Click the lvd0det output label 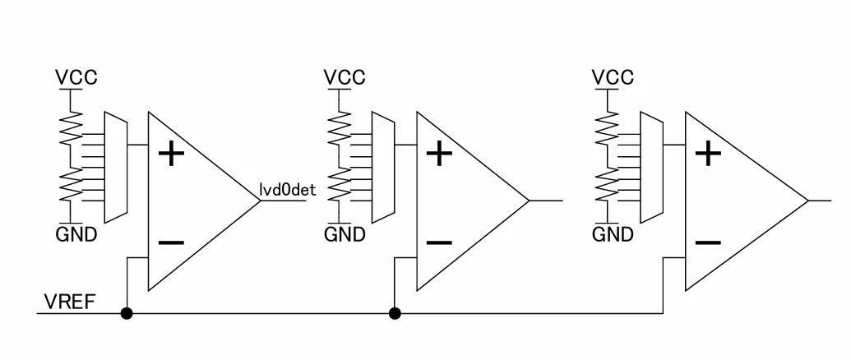pos(287,190)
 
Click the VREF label pos(70,302)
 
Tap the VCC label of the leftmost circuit pos(76,77)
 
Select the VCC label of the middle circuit pos(345,77)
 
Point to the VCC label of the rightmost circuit pos(613,77)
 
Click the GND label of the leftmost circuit pos(76,235)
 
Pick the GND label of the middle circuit pos(345,235)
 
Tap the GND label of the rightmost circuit pos(613,235)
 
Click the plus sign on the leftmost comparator pos(171,154)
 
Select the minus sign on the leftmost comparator pos(171,242)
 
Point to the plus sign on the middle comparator pos(439,154)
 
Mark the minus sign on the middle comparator pos(439,242)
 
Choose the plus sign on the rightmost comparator pos(708,154)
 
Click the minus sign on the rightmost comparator pos(708,242)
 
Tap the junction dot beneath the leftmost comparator pos(127,313)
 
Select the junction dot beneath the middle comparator pos(395,313)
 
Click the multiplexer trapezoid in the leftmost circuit pos(116,167)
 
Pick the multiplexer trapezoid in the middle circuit pos(383,167)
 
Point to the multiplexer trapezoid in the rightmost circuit pos(651,167)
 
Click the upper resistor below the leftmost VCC pos(71,128)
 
